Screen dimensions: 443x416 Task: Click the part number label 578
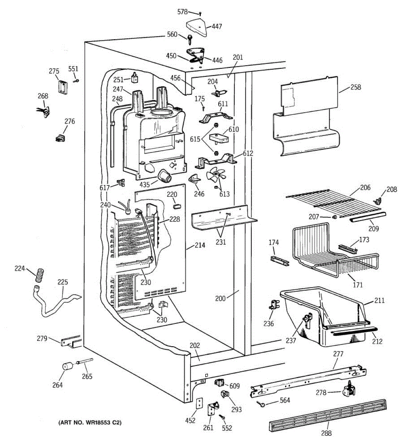pyautogui.click(x=182, y=12)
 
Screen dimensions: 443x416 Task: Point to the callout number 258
pyautogui.click(x=356, y=87)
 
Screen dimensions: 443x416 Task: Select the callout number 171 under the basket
pyautogui.click(x=358, y=285)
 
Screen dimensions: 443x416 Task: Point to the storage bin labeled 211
pyautogui.click(x=325, y=314)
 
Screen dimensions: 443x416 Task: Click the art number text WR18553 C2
pyautogui.click(x=89, y=422)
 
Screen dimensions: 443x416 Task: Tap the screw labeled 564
pyautogui.click(x=262, y=405)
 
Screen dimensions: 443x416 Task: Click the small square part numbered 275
pyautogui.click(x=62, y=87)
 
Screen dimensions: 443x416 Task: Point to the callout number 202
pyautogui.click(x=195, y=346)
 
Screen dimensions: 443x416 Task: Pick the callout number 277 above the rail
pyautogui.click(x=338, y=354)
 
